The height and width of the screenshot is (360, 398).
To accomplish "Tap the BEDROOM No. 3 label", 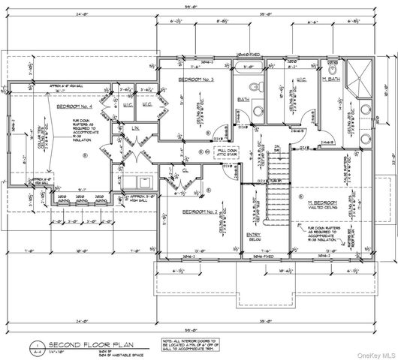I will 197,79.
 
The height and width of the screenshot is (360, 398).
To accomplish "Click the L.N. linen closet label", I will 137,129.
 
